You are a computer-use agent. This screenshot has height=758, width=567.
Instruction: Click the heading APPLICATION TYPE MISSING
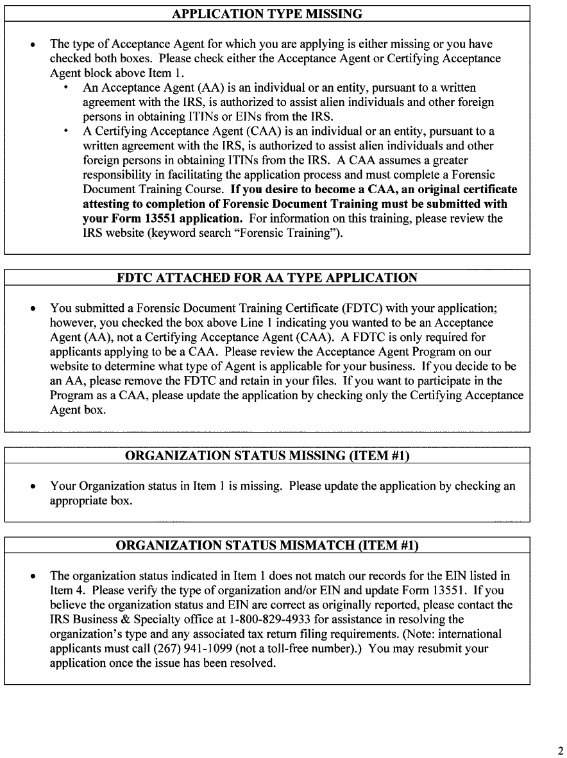267,13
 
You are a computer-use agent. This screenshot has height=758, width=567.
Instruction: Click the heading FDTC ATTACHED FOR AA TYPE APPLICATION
267,278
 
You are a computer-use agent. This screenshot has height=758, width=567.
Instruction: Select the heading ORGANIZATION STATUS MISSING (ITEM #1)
267,456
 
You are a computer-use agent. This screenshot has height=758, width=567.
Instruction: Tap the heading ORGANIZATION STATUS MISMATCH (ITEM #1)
267,546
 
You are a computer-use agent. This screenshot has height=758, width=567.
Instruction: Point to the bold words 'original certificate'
466,190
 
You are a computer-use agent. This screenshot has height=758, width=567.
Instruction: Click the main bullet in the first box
33,45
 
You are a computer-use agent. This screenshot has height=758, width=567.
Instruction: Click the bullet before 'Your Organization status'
33,487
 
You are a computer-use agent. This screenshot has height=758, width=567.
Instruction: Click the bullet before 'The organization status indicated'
33,576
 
